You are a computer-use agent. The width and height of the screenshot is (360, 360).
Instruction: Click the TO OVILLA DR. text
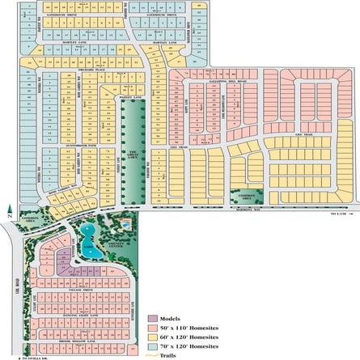(x=15, y=357)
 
